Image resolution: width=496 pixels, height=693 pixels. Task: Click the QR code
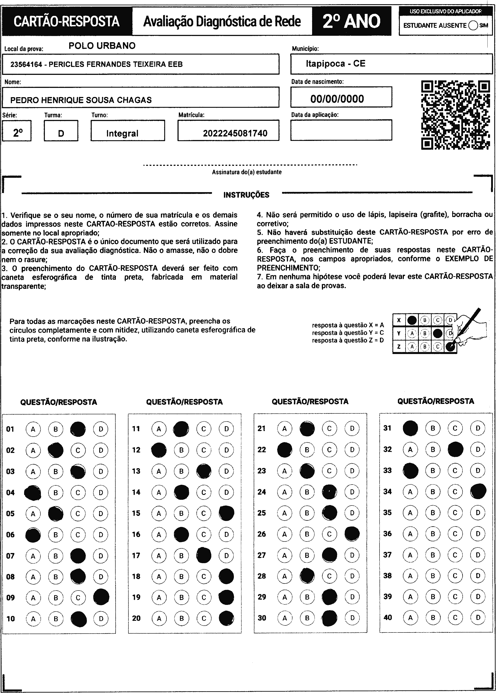click(455, 115)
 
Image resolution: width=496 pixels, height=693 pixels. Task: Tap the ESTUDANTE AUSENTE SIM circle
click(473, 26)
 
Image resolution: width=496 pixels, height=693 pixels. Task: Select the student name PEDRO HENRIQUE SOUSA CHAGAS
click(81, 100)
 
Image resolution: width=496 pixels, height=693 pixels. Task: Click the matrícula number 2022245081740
click(235, 133)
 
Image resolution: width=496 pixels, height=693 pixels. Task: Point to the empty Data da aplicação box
click(341, 130)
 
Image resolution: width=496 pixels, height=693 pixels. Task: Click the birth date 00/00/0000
click(337, 99)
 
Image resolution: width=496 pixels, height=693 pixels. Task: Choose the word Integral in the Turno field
click(122, 133)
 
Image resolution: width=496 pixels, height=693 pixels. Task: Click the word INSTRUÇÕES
click(246, 195)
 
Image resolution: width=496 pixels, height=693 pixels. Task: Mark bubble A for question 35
click(410, 513)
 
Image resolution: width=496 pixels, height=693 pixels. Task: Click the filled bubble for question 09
click(101, 597)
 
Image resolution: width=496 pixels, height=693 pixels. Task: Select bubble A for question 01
click(33, 429)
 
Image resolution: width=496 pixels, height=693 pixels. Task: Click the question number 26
click(262, 534)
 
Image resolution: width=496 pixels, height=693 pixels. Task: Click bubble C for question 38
click(455, 576)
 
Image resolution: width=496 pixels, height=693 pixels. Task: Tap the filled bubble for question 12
click(159, 450)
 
